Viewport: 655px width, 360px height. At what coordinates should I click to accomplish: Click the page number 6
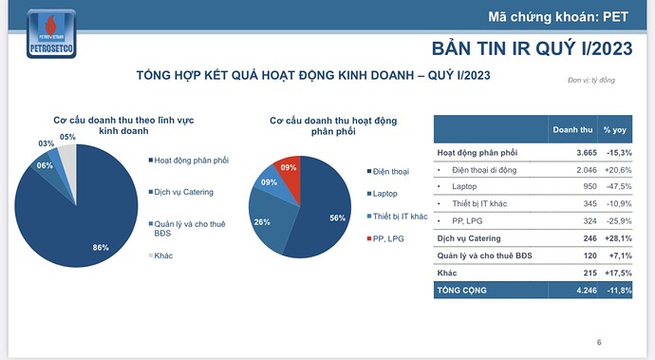599,342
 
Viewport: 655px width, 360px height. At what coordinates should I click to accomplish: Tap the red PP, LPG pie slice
290,173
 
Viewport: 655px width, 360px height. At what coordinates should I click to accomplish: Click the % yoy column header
617,130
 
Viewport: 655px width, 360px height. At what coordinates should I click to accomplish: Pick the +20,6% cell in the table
618,169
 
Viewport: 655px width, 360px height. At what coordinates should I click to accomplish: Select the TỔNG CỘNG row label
463,290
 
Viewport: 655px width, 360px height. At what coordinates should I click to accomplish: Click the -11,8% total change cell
618,290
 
